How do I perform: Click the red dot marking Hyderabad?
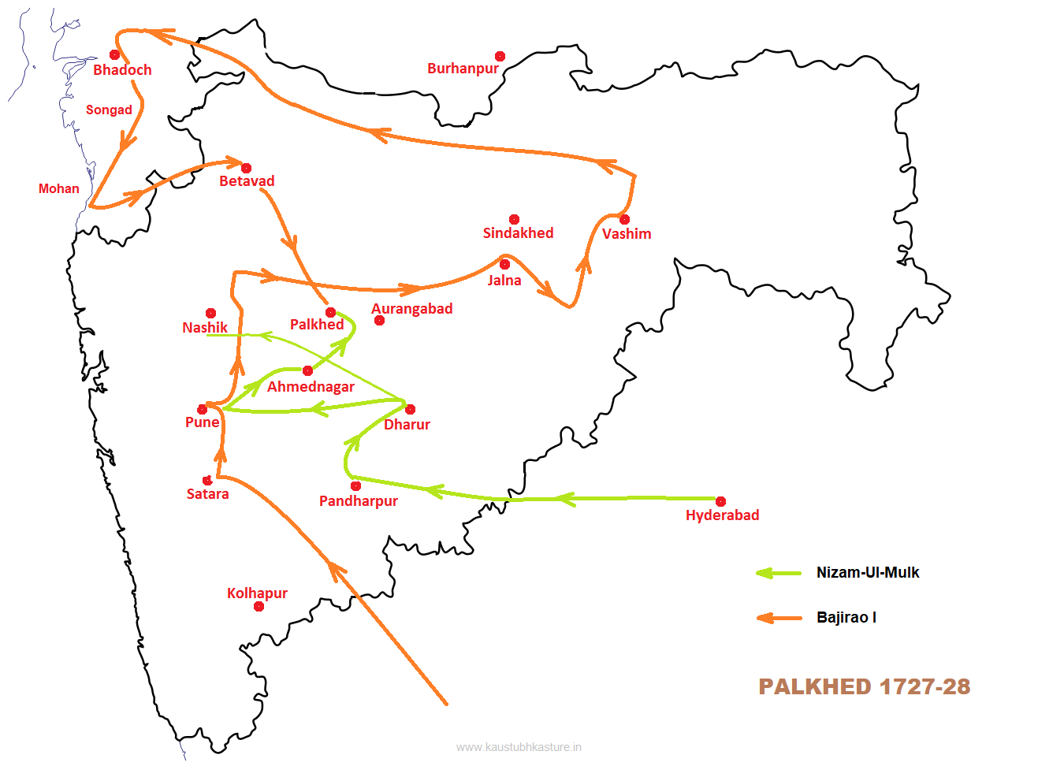click(720, 501)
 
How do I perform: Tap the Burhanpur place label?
click(463, 69)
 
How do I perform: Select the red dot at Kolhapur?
click(259, 606)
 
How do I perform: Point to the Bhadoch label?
click(122, 70)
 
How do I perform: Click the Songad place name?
click(109, 110)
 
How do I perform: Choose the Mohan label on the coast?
click(59, 189)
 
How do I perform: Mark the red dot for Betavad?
click(246, 168)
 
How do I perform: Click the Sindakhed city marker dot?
click(514, 219)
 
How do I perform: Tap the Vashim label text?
click(627, 234)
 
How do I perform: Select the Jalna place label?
click(504, 281)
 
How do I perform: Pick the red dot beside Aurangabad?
click(379, 320)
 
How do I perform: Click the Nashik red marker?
click(210, 313)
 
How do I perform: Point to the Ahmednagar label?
click(311, 387)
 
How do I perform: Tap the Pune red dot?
click(202, 409)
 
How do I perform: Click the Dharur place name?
click(407, 425)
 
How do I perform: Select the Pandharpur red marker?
click(355, 485)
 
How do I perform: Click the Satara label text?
click(207, 494)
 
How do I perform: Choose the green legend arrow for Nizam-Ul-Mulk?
click(779, 573)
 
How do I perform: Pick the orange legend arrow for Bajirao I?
click(779, 618)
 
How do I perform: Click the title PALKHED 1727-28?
click(864, 686)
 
